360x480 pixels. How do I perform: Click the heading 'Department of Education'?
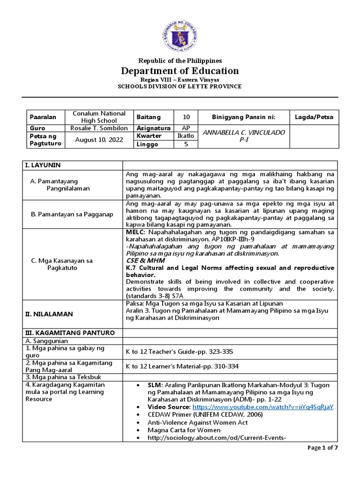[180, 71]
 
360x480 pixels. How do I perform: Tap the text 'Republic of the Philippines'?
[180, 60]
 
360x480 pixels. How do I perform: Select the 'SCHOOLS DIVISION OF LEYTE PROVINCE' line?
[180, 86]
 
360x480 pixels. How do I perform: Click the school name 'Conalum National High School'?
[99, 117]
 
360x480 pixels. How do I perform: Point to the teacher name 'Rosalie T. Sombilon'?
[99, 128]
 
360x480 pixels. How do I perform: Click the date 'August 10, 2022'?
[99, 140]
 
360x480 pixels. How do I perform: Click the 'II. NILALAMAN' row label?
[46, 314]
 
